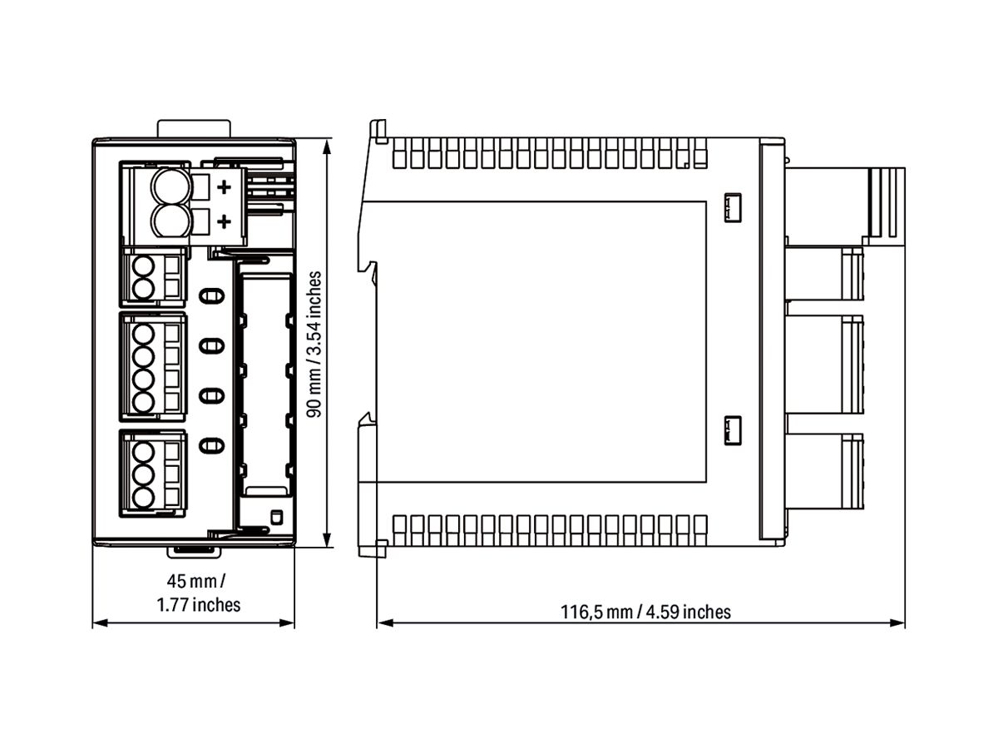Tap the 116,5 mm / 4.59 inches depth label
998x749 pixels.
[645, 613]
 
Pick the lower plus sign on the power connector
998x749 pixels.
[223, 221]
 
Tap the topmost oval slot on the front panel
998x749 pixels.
[212, 295]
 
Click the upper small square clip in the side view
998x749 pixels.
[733, 207]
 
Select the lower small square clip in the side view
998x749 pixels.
[733, 429]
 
